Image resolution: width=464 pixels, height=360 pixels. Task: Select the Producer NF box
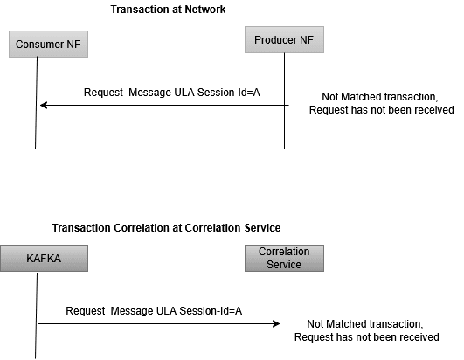click(284, 40)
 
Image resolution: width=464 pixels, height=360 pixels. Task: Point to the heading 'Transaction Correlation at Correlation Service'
click(166, 227)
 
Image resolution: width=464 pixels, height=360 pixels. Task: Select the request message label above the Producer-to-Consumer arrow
click(172, 93)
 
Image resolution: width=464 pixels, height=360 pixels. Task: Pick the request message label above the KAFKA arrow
click(154, 310)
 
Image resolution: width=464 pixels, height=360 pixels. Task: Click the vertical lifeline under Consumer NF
click(37, 122)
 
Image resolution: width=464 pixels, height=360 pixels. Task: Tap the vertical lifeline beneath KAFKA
click(36, 341)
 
